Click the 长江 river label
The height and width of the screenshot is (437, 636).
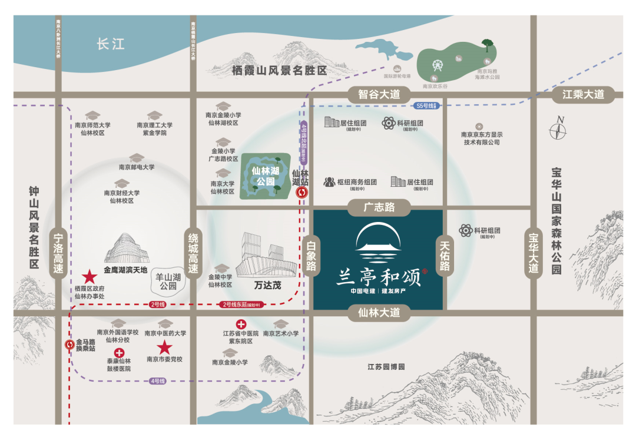(x=111, y=44)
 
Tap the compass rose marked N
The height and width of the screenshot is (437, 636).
(x=558, y=129)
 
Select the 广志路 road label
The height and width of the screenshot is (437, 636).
(x=379, y=207)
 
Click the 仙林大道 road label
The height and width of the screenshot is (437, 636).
(x=379, y=313)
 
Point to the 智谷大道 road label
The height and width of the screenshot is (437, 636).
(x=379, y=94)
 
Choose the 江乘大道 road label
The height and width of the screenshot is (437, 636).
(x=583, y=94)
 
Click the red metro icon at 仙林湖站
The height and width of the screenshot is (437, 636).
(x=302, y=193)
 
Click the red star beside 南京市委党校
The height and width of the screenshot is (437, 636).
(x=164, y=347)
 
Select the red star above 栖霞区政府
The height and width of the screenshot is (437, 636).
(x=90, y=276)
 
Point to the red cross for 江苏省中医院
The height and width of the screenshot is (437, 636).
(x=241, y=324)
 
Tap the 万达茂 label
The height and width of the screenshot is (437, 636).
(x=267, y=286)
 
